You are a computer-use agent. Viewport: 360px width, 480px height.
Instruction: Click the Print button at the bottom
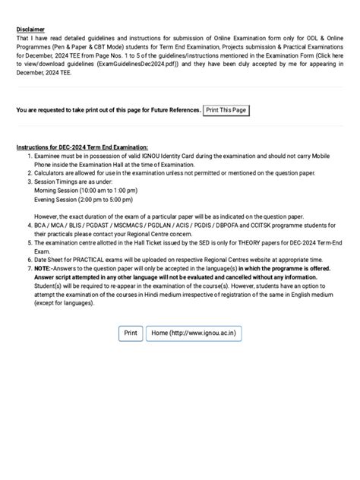tap(131, 333)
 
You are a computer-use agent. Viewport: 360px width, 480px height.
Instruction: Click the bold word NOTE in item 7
tap(43, 269)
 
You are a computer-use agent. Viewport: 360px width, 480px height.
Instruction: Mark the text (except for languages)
tap(70, 304)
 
